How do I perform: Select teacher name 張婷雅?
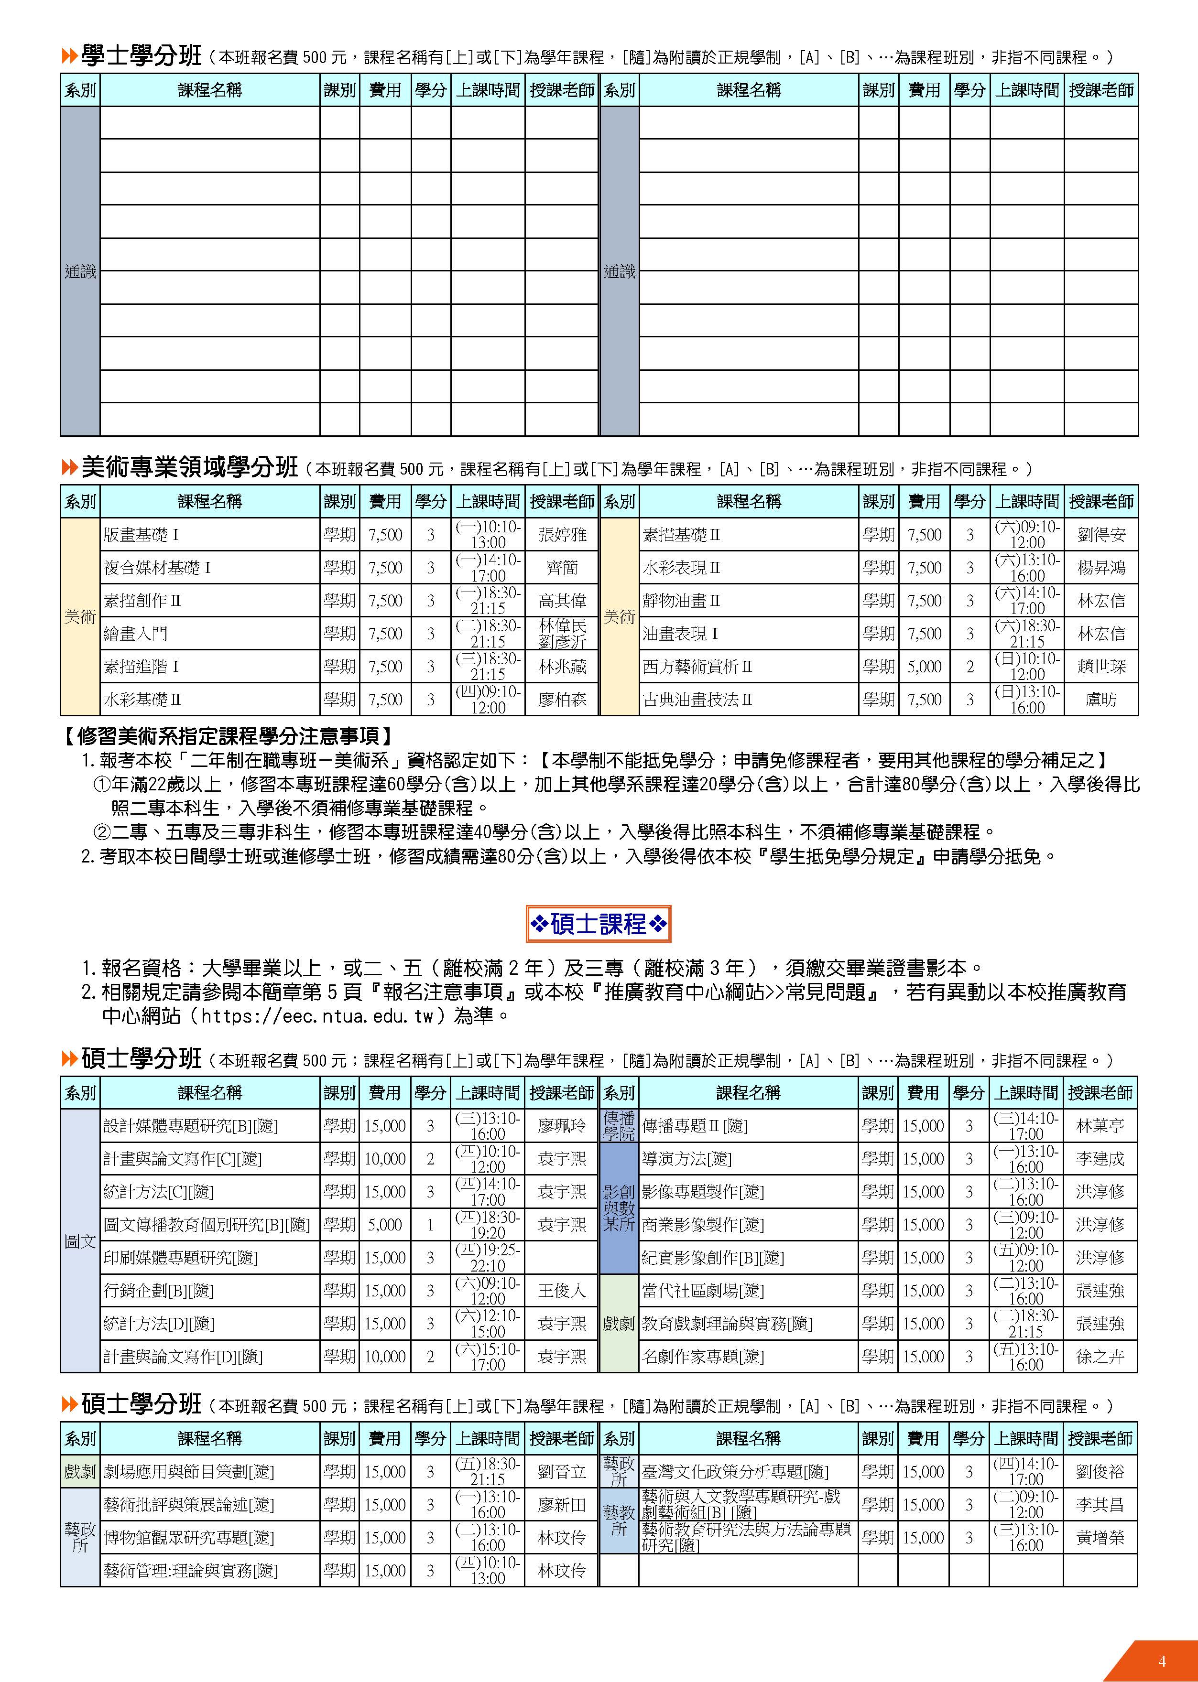click(562, 535)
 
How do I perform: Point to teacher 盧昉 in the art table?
click(1100, 700)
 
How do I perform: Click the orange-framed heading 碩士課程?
click(598, 923)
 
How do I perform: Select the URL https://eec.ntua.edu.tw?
click(316, 1016)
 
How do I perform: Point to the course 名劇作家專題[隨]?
click(702, 1356)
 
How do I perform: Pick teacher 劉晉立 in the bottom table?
click(562, 1472)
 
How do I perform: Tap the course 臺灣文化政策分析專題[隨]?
click(735, 1472)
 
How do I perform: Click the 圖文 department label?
click(80, 1241)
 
